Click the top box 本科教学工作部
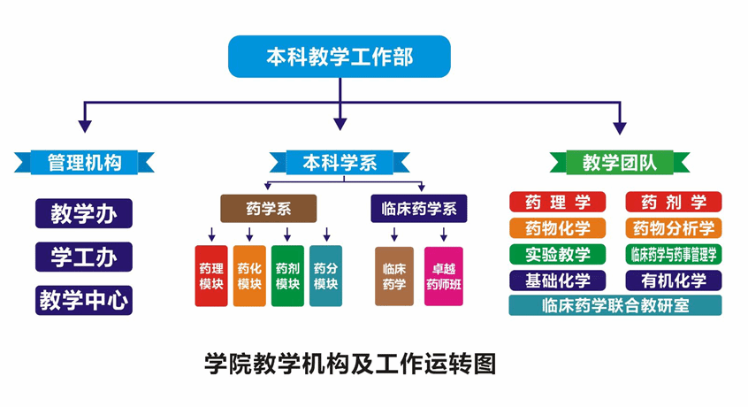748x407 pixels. [x=340, y=57]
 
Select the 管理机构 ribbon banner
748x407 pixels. [x=84, y=163]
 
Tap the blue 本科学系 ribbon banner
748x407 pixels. [x=340, y=163]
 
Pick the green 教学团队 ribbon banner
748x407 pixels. [x=619, y=163]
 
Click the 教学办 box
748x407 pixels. [x=84, y=213]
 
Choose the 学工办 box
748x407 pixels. [x=84, y=257]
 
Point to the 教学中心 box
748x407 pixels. [x=84, y=300]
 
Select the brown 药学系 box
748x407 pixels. [x=268, y=209]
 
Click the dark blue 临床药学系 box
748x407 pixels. [x=419, y=209]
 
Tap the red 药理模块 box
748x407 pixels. [x=211, y=276]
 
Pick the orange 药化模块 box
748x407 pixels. [x=249, y=276]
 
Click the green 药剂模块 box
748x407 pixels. [x=287, y=276]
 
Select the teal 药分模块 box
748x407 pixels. [x=326, y=276]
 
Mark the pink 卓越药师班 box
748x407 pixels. [x=444, y=276]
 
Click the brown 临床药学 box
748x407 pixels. [x=394, y=276]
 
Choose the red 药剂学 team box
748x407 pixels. [x=674, y=202]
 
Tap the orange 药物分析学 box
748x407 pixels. [x=674, y=228]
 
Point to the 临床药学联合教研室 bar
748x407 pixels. [x=615, y=305]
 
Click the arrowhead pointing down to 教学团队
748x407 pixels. [x=620, y=128]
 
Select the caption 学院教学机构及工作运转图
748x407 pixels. [x=351, y=364]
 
